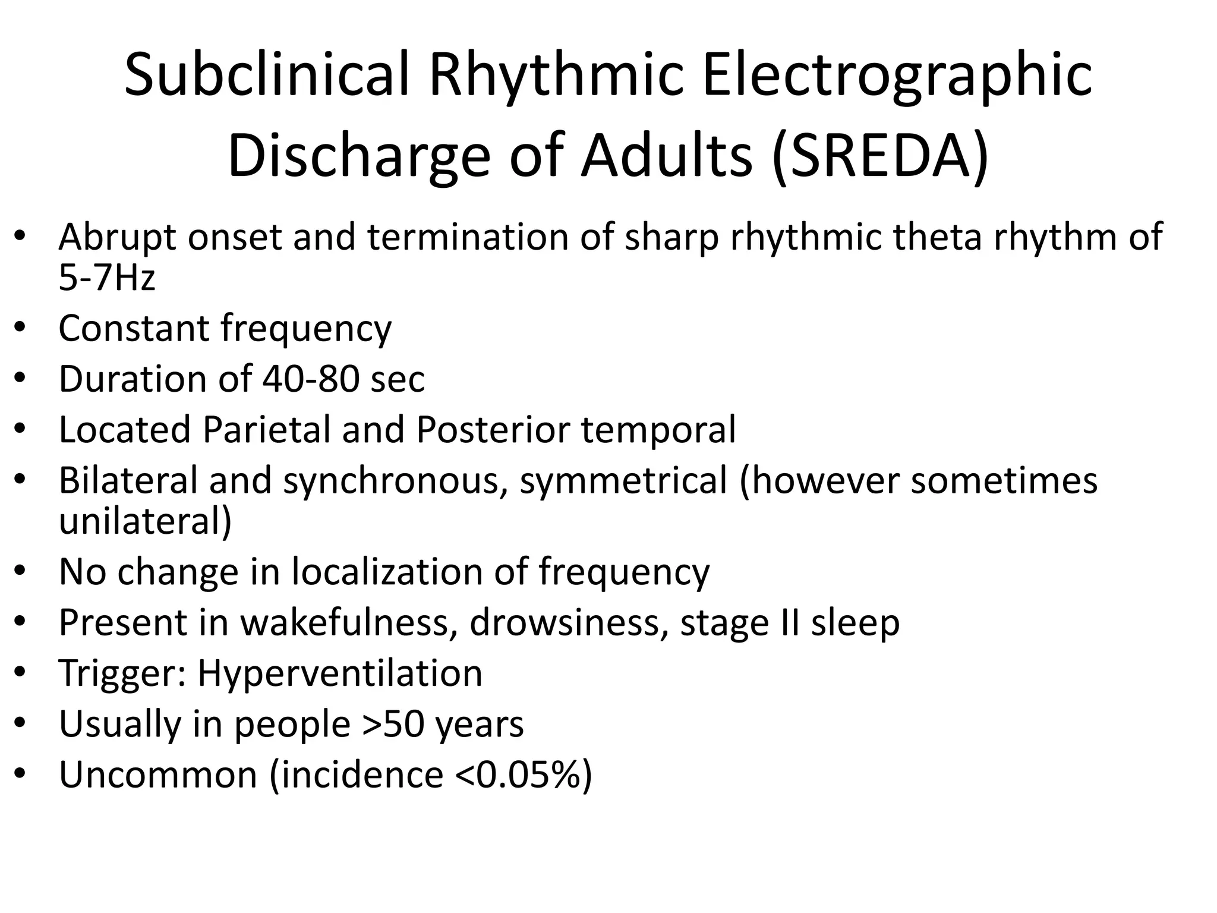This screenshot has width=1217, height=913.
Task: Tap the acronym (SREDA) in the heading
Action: [x=880, y=156]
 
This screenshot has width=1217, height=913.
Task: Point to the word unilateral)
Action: [x=145, y=521]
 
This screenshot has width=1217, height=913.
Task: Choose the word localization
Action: [x=387, y=572]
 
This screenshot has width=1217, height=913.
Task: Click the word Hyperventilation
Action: [x=339, y=673]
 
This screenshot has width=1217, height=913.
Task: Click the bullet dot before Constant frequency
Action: [x=20, y=328]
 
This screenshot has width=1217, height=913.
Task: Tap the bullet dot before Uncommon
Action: [x=20, y=775]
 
